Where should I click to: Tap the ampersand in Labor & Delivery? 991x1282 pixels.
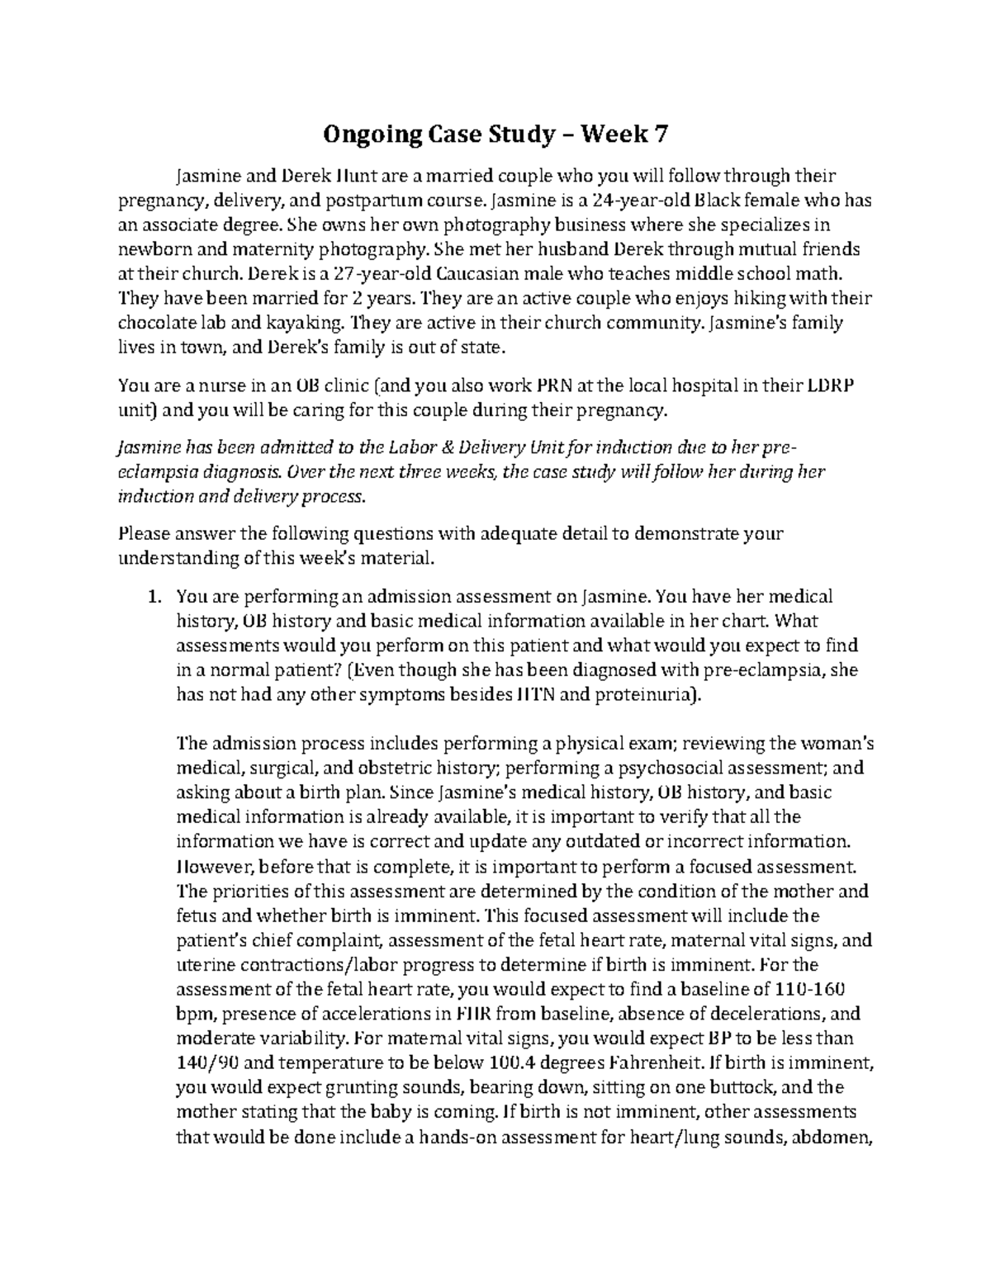tap(458, 447)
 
